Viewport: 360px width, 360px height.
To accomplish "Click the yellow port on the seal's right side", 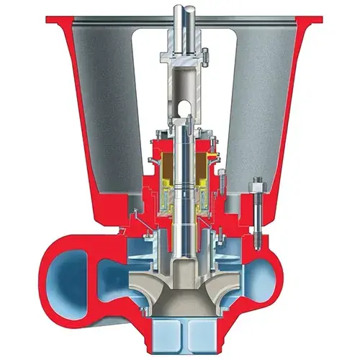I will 212,156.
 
